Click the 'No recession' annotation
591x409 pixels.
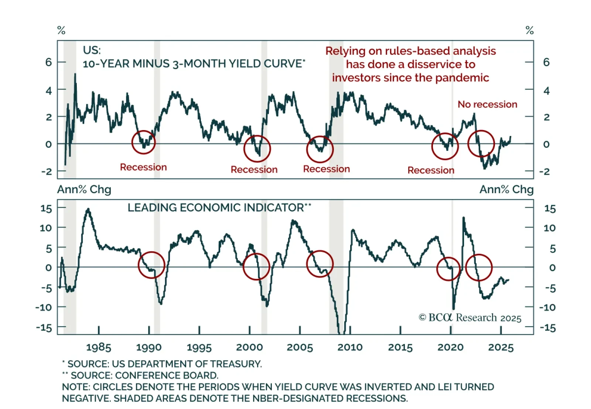pyautogui.click(x=487, y=105)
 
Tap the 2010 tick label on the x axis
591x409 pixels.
pyautogui.click(x=350, y=347)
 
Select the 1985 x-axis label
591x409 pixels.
pyautogui.click(x=99, y=347)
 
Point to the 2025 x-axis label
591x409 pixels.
pyautogui.click(x=501, y=347)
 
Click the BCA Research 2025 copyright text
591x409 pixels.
pyautogui.click(x=470, y=318)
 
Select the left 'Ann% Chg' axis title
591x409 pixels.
pyautogui.click(x=84, y=190)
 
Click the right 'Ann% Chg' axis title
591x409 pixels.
pyautogui.click(x=506, y=190)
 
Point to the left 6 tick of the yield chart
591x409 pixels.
pyautogui.click(x=49, y=62)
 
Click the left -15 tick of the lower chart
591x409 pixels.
pyautogui.click(x=44, y=327)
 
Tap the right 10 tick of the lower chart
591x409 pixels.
pyautogui.click(x=549, y=228)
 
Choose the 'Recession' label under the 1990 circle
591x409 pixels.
pyautogui.click(x=143, y=167)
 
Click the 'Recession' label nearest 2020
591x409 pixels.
pyautogui.click(x=431, y=170)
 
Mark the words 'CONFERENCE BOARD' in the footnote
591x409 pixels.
pyautogui.click(x=167, y=375)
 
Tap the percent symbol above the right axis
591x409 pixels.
pyautogui.click(x=529, y=30)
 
